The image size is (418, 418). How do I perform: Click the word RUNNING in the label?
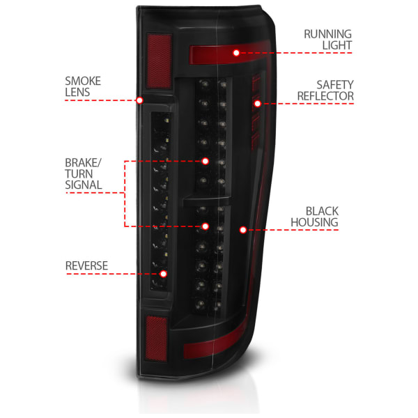click(x=327, y=34)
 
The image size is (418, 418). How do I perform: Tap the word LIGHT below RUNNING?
click(x=337, y=45)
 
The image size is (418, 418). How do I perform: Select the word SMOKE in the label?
click(x=83, y=81)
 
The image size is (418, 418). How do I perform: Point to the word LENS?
click(x=77, y=92)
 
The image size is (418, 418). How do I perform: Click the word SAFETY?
click(x=335, y=85)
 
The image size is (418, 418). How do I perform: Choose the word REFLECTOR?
click(x=325, y=96)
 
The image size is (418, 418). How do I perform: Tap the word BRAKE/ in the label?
click(x=83, y=162)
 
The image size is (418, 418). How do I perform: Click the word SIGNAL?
click(x=84, y=185)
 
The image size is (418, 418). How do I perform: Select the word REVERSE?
click(x=86, y=266)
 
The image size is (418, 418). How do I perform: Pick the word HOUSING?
click(x=314, y=222)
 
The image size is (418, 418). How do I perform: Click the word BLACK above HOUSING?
click(x=322, y=211)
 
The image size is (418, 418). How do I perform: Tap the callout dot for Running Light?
click(x=236, y=53)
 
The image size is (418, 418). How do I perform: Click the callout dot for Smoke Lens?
click(x=139, y=100)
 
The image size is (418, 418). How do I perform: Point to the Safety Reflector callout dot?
click(x=257, y=103)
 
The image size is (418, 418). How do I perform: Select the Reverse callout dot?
click(x=164, y=274)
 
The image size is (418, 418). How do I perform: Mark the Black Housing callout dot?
click(x=243, y=230)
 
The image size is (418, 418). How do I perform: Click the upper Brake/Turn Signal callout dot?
click(x=205, y=161)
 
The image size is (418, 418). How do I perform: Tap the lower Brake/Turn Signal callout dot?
click(x=205, y=226)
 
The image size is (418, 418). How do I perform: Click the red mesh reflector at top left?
click(x=159, y=61)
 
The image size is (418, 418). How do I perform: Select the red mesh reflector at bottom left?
click(x=157, y=339)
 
